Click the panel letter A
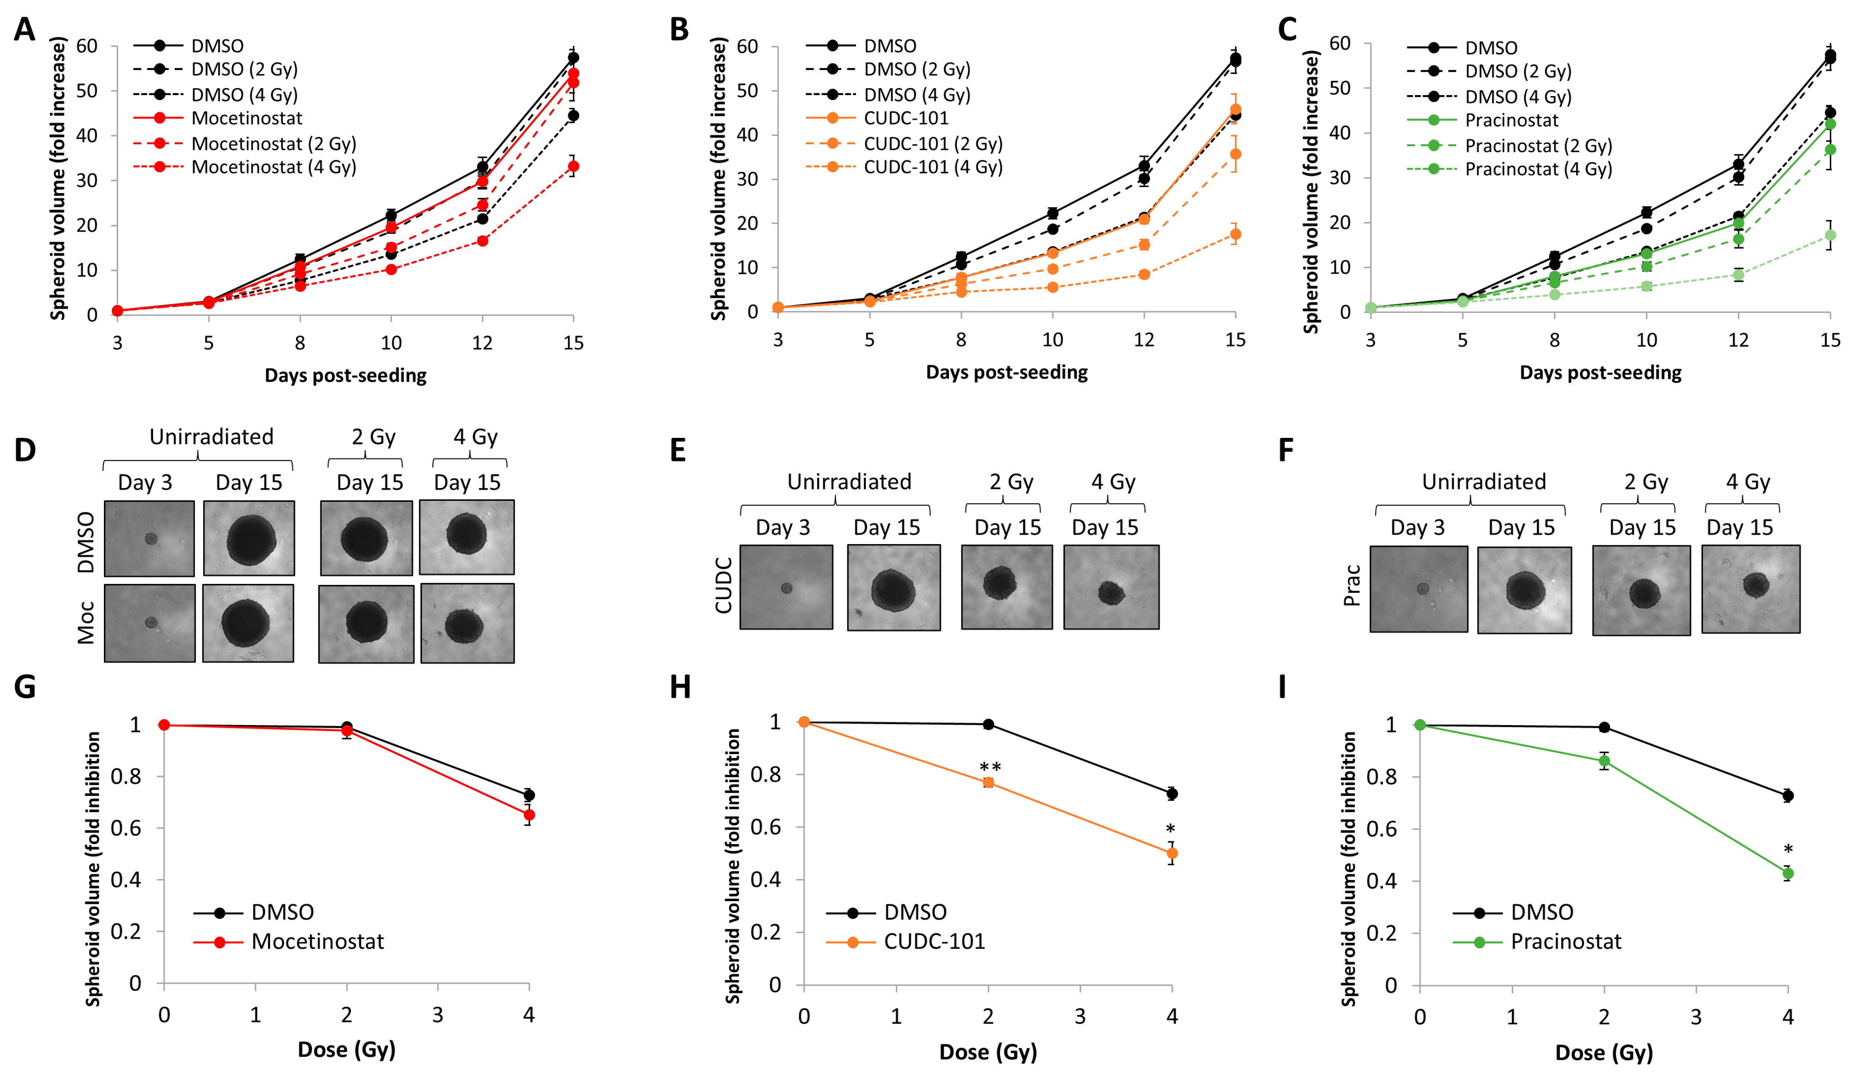[x=25, y=29]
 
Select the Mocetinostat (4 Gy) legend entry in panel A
[x=273, y=167]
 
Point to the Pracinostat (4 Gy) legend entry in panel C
[x=1537, y=170]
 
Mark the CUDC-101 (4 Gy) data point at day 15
[x=1235, y=234]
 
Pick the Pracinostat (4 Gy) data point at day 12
[x=1738, y=275]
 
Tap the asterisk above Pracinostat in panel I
[x=1788, y=850]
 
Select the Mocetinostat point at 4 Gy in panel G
[x=529, y=815]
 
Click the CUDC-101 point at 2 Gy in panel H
[x=988, y=783]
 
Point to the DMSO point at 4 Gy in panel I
[x=1788, y=795]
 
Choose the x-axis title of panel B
[x=1006, y=372]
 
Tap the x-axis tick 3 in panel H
[x=1080, y=1016]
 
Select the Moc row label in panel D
[x=86, y=623]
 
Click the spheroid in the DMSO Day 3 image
[x=151, y=539]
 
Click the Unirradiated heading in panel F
[x=1484, y=482]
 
